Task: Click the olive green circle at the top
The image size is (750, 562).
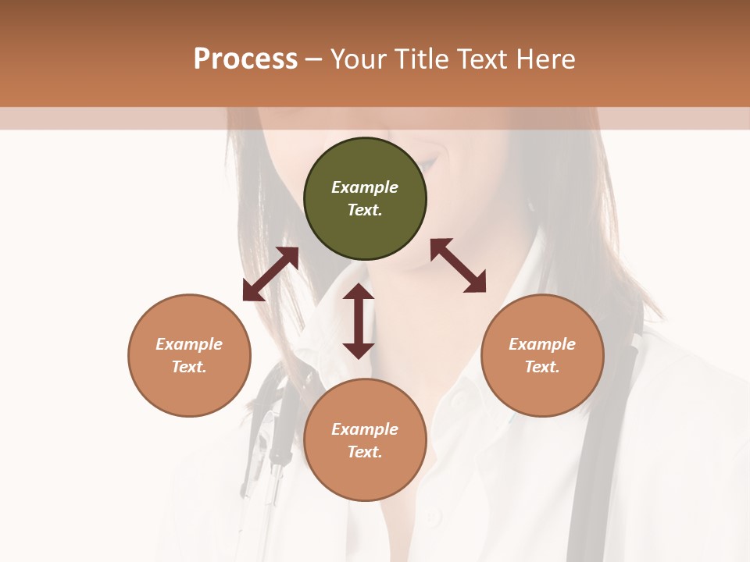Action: [365, 199]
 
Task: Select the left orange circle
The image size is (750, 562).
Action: [189, 355]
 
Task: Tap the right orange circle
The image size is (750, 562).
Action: [542, 355]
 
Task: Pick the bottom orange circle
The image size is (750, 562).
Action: [365, 440]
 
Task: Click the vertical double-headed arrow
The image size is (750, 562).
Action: [359, 321]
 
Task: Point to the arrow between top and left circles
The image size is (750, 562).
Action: [270, 274]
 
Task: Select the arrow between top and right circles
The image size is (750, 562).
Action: [458, 265]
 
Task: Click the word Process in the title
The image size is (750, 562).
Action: [245, 59]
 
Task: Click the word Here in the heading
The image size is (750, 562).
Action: [546, 59]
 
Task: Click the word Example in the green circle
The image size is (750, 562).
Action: [365, 187]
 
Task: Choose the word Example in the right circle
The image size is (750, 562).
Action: [542, 344]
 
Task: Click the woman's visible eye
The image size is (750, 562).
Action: [429, 164]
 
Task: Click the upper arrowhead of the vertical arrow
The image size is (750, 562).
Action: [359, 293]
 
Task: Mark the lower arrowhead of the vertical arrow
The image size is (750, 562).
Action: [359, 350]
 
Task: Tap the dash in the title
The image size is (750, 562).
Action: [314, 59]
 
